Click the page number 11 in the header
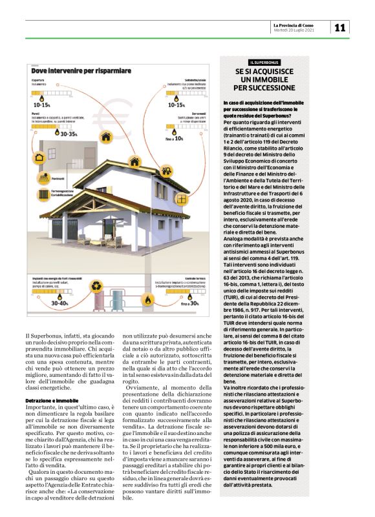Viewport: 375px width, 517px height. pos(340,27)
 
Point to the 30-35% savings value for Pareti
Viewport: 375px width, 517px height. pos(69,134)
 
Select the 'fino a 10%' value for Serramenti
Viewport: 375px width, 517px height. pos(175,138)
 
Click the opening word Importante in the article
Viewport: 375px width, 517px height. pos(39,409)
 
